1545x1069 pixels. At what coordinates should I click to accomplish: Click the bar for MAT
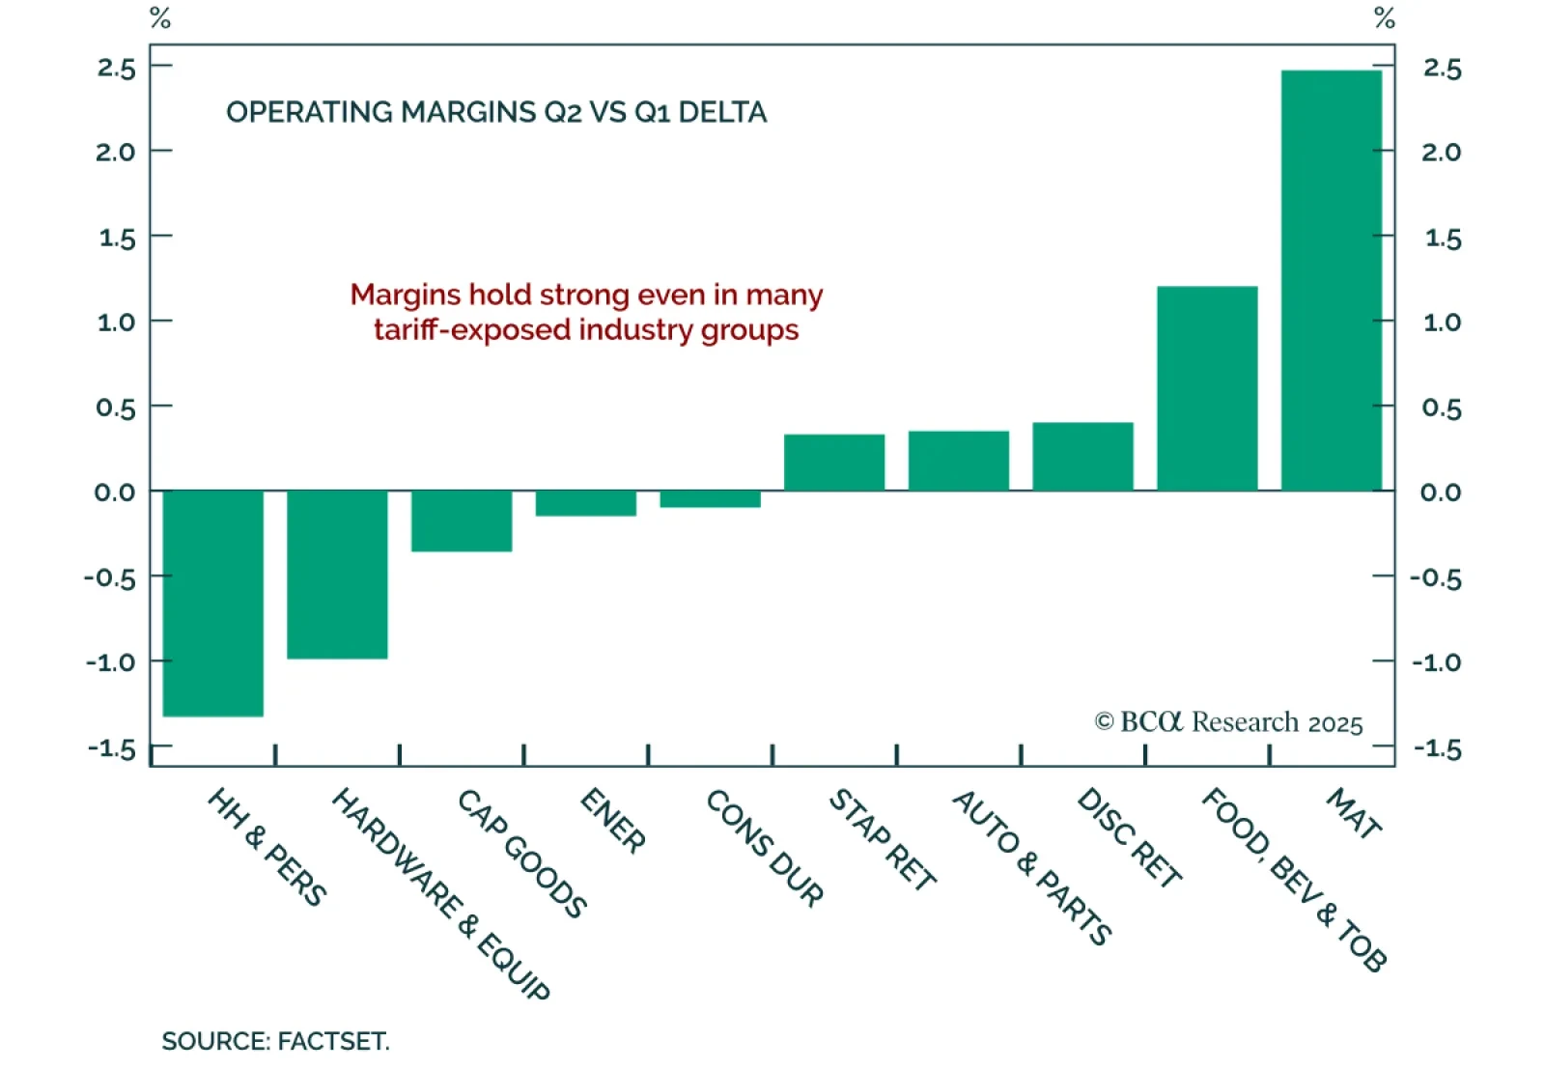1331,280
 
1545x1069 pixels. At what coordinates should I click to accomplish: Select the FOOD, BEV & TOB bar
1207,388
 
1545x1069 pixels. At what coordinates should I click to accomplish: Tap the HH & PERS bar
213,604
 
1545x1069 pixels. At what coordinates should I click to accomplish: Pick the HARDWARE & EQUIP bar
337,575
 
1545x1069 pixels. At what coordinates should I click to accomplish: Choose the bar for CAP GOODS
462,521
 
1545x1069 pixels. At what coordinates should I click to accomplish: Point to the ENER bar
586,503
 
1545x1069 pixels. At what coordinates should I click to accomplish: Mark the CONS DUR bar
711,499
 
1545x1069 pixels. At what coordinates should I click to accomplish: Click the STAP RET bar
834,463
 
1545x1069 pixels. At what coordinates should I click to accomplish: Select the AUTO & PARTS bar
959,461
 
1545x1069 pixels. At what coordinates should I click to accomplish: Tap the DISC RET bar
1082,457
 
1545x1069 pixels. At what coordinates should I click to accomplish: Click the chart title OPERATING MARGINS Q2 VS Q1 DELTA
496,112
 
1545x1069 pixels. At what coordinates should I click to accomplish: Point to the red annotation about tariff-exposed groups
586,312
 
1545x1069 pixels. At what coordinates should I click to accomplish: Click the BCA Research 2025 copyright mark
1228,722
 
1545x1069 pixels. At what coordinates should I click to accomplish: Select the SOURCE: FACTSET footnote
275,1041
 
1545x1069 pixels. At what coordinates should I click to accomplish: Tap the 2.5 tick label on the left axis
116,68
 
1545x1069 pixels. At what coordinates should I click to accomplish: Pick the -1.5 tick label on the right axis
1437,748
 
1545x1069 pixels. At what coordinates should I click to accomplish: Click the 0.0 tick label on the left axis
115,492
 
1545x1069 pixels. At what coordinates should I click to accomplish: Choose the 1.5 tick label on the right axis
1443,238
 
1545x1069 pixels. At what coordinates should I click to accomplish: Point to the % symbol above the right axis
1385,17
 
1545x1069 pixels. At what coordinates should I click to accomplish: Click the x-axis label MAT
1354,813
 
